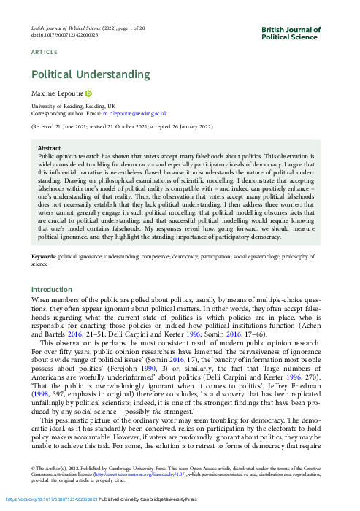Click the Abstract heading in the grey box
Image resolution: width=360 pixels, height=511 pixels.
(x=49, y=148)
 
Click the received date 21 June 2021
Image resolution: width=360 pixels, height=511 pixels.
(x=76, y=126)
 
